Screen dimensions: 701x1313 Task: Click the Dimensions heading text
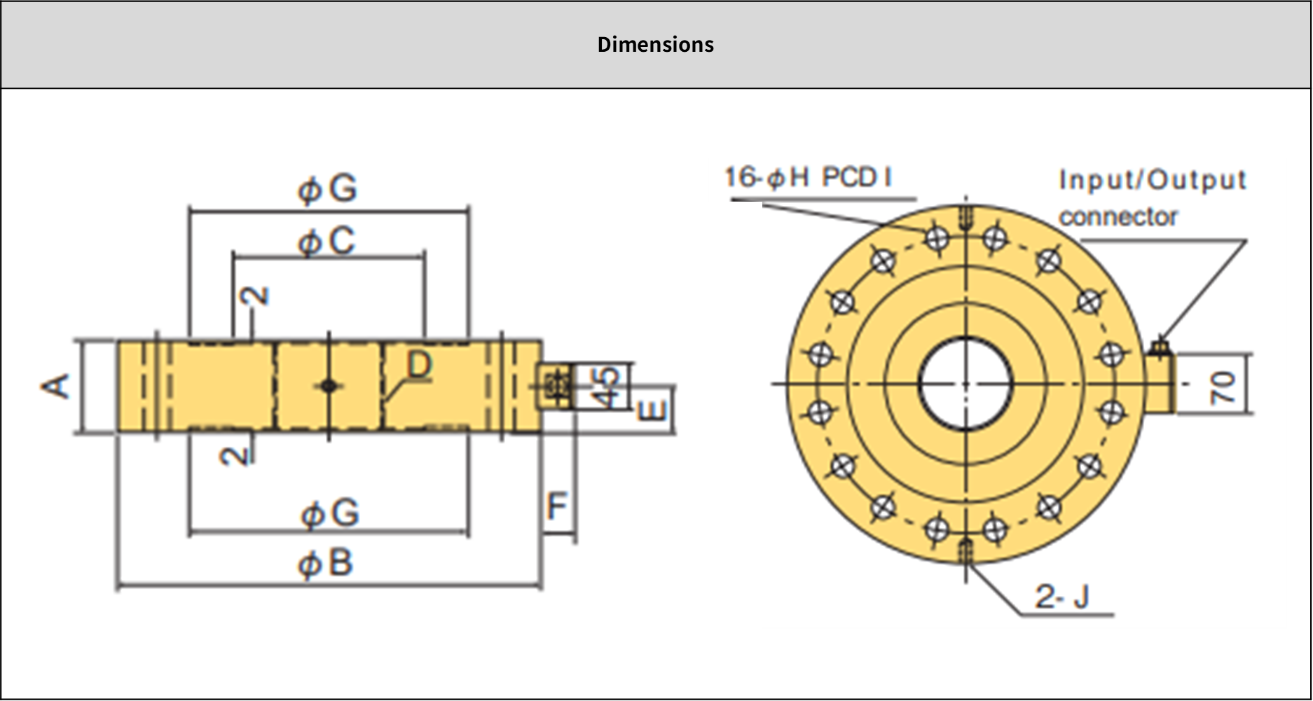(x=655, y=44)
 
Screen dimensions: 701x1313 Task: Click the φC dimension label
(x=327, y=242)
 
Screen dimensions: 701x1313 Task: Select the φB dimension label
(x=326, y=564)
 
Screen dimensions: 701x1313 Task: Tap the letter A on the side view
(x=57, y=386)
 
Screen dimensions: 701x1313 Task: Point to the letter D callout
(x=419, y=365)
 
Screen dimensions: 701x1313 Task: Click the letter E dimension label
(x=654, y=410)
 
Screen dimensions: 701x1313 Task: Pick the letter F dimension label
(x=557, y=506)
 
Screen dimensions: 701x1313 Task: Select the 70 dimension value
(x=1223, y=387)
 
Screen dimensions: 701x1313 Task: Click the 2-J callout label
(x=1062, y=597)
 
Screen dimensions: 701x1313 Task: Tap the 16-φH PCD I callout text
(x=808, y=177)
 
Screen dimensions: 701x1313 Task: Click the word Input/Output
(x=1153, y=180)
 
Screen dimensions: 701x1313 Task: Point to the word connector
(x=1118, y=217)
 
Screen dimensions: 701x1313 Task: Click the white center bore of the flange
(x=965, y=384)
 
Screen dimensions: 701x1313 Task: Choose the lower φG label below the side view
(x=329, y=513)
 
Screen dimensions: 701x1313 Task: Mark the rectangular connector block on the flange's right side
(x=1160, y=384)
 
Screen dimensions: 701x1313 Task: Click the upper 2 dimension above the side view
(x=255, y=296)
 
